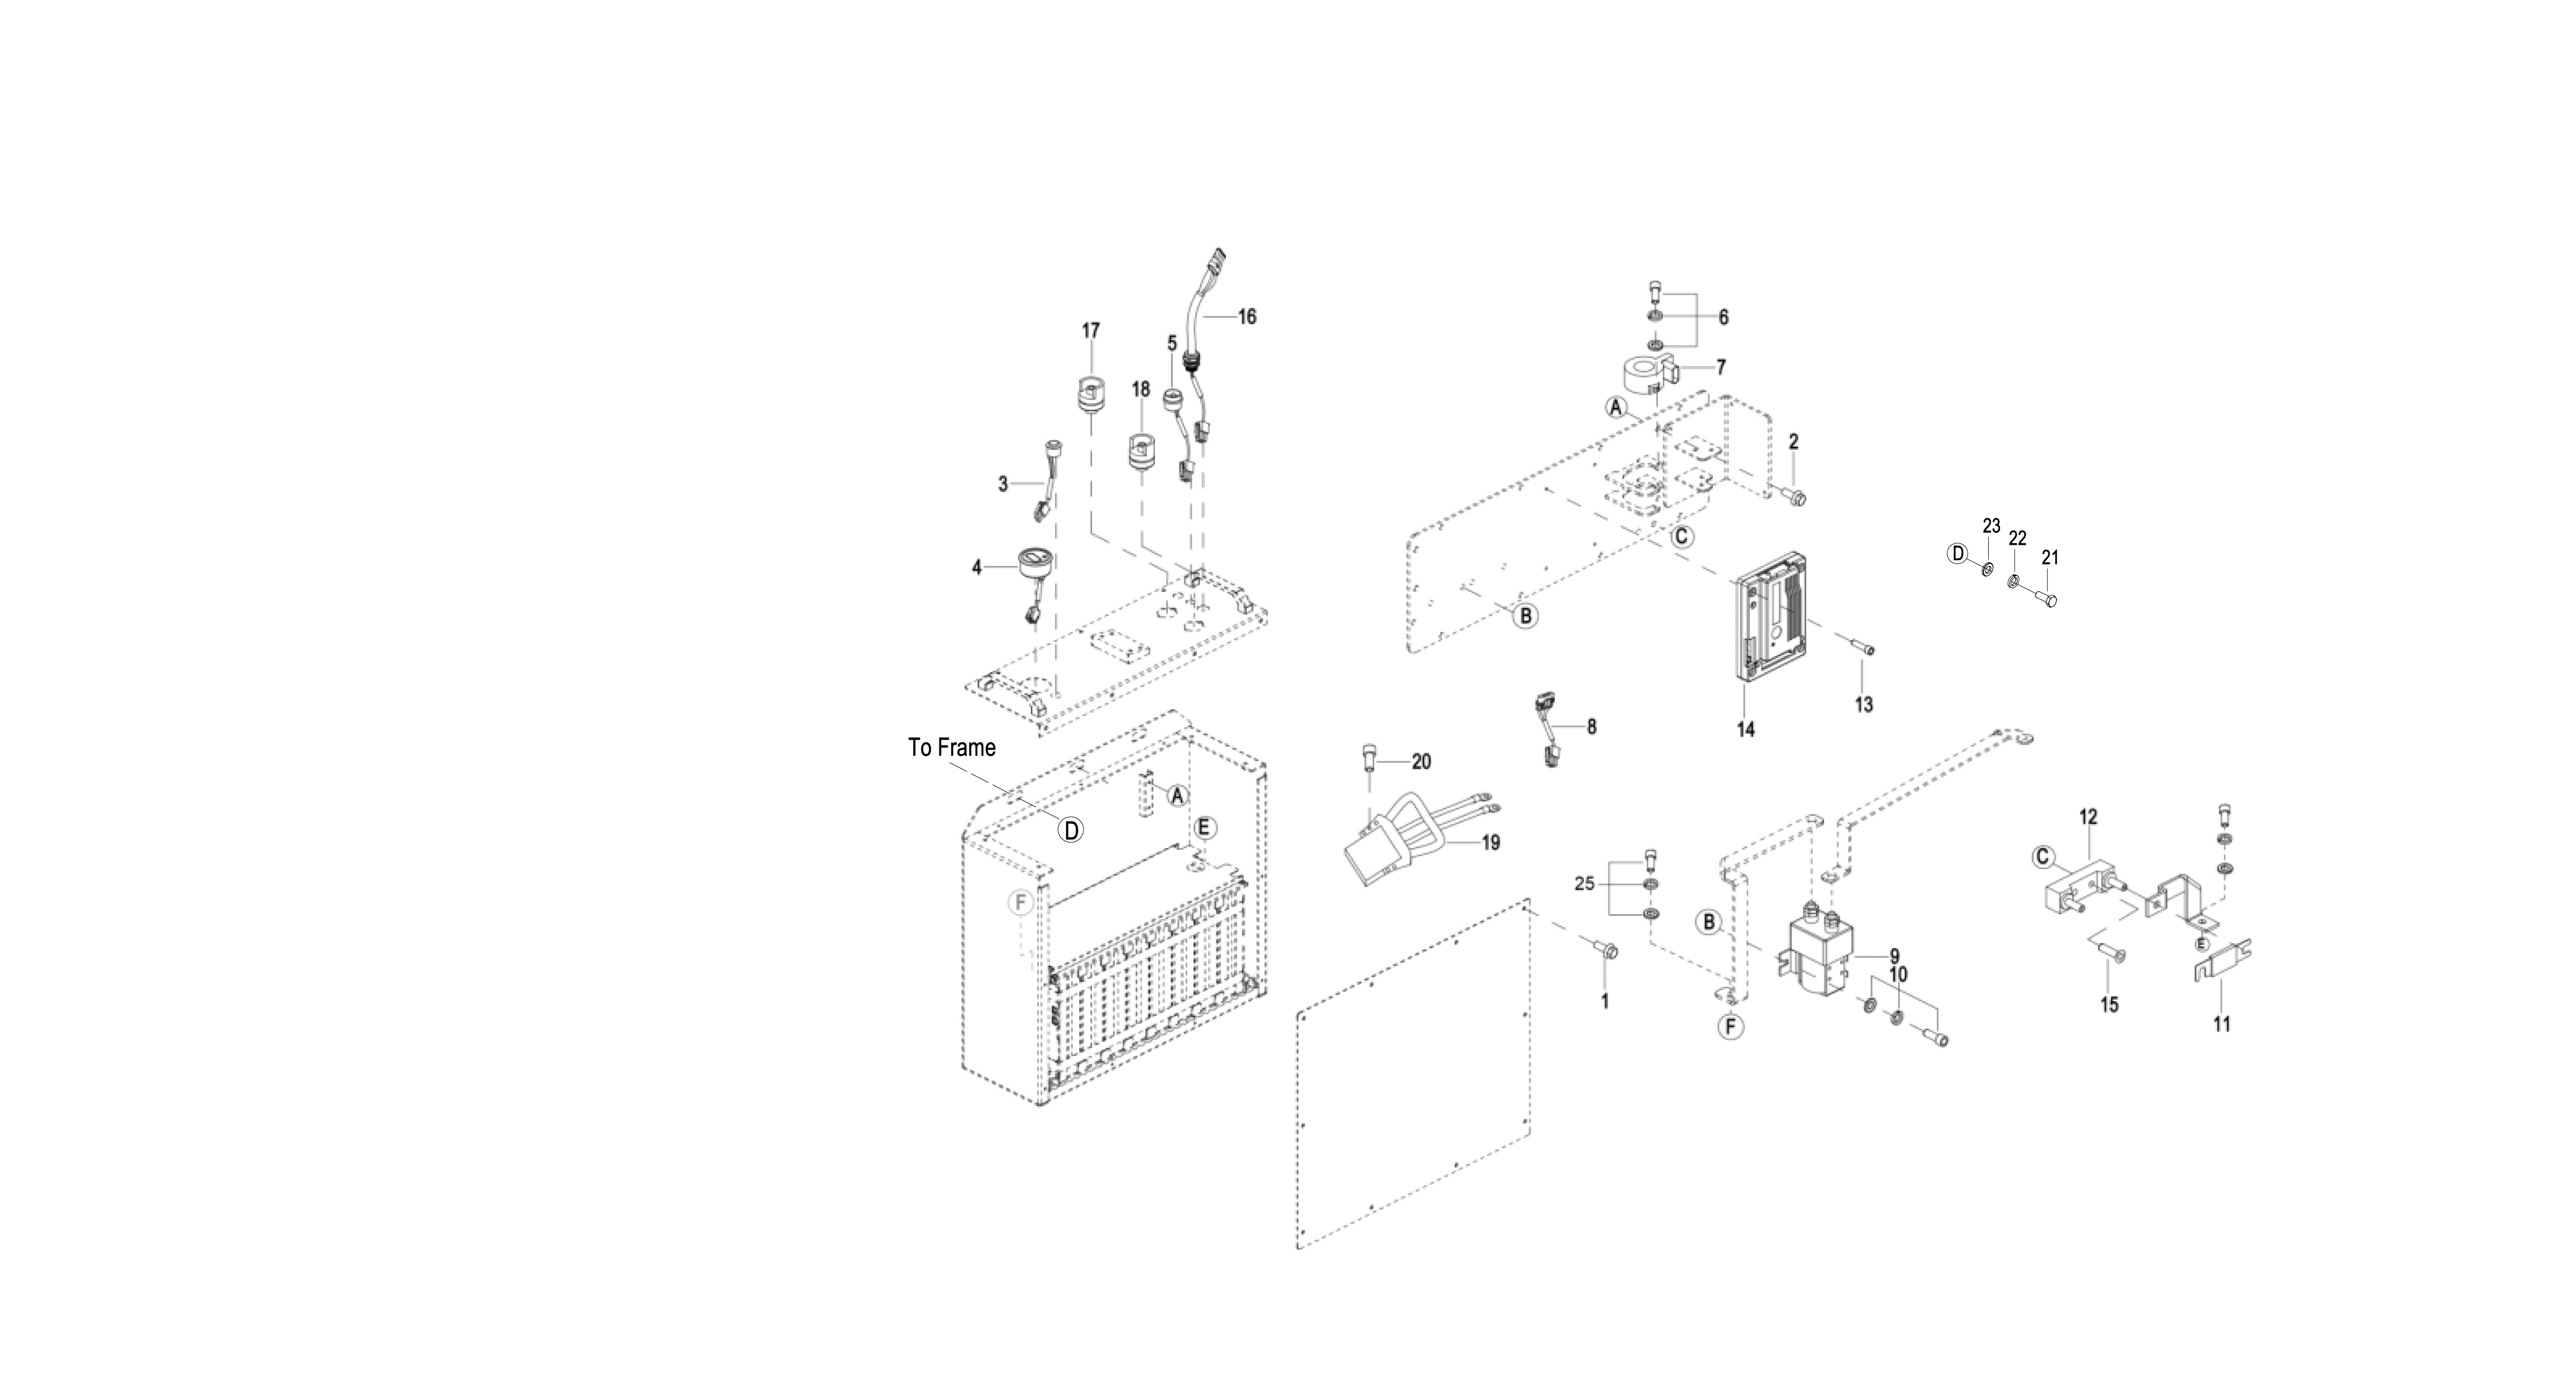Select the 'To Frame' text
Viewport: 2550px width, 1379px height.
pyautogui.click(x=951, y=748)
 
